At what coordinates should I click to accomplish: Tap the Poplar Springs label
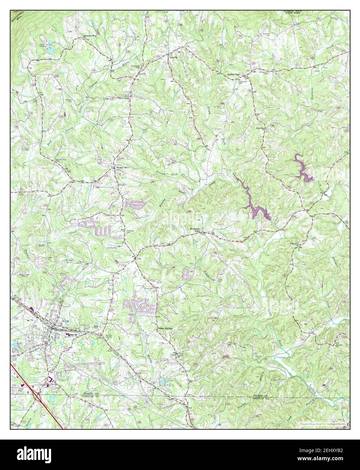(x=165, y=328)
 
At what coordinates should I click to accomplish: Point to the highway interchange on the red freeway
(x=39, y=395)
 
